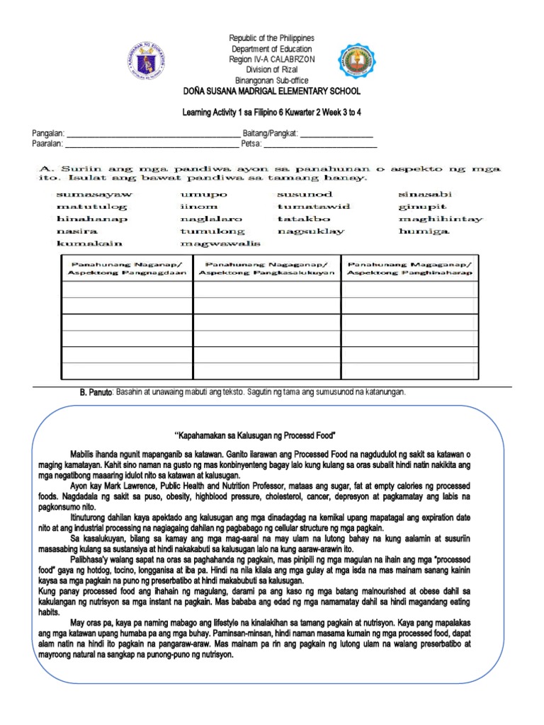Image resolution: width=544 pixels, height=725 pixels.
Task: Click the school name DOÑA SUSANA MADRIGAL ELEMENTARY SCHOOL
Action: point(271,91)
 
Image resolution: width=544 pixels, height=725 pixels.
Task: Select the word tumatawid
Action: point(314,206)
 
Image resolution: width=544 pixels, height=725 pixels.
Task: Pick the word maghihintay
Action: point(441,219)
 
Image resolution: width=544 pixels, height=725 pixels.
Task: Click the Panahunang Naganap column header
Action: point(127,268)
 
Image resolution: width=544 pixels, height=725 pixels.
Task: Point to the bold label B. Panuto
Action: point(96,392)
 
